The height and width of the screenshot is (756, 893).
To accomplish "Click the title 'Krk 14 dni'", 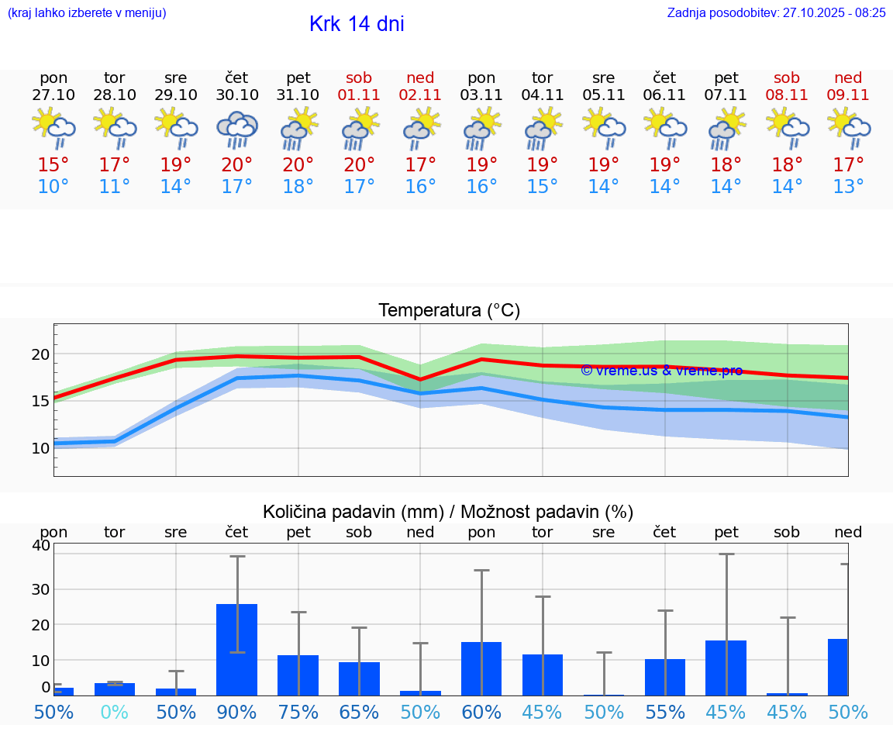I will click(357, 24).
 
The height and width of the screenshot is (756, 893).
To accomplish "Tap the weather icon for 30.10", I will click(237, 129).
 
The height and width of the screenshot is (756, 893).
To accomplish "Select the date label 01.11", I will click(359, 95).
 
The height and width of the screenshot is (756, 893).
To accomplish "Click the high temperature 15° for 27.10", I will click(53, 164).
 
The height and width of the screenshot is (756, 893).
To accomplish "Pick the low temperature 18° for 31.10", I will click(298, 186).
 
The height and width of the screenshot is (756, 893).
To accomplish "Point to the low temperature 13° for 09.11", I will click(848, 186).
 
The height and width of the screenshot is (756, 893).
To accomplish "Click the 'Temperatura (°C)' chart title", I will click(449, 310).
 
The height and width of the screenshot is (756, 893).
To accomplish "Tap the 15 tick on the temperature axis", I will click(40, 401).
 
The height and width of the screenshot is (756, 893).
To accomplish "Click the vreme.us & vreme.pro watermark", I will click(661, 371).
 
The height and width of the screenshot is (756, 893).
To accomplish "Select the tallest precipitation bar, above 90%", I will click(237, 650).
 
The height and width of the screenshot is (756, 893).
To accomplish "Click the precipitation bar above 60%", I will click(481, 668).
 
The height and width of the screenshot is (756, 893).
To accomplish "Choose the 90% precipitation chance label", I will click(237, 712).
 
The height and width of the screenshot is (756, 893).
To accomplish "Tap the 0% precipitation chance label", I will click(115, 712).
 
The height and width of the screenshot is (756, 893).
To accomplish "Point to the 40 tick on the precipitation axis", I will click(40, 545).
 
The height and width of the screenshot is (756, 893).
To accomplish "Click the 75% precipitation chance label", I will click(298, 712).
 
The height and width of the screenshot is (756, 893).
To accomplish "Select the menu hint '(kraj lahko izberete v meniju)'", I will click(87, 12).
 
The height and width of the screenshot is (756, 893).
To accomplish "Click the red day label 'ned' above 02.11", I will click(420, 78).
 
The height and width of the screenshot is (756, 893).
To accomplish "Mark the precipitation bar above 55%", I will click(665, 677).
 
